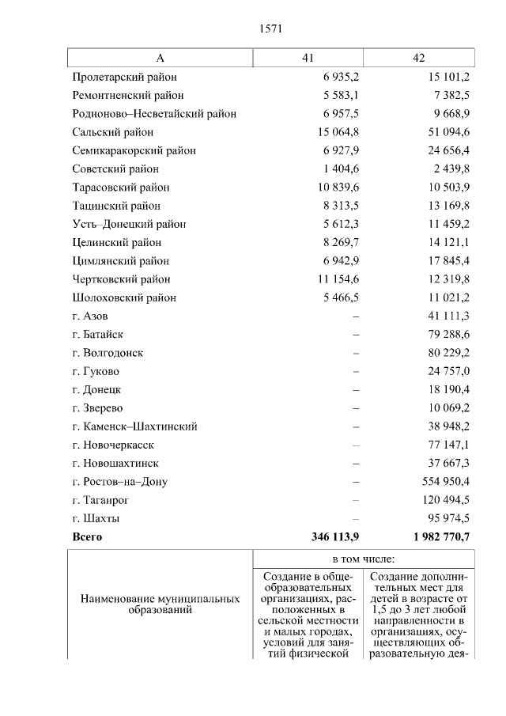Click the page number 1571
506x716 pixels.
coord(270,28)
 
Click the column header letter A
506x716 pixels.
coord(160,58)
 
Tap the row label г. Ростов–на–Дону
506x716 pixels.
coord(119,482)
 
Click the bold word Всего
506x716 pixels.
coord(87,536)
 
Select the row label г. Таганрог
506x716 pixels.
coord(100,500)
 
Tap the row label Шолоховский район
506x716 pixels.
coord(124,297)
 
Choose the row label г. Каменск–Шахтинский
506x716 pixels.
coord(134,426)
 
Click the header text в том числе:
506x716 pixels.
coord(364,559)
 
